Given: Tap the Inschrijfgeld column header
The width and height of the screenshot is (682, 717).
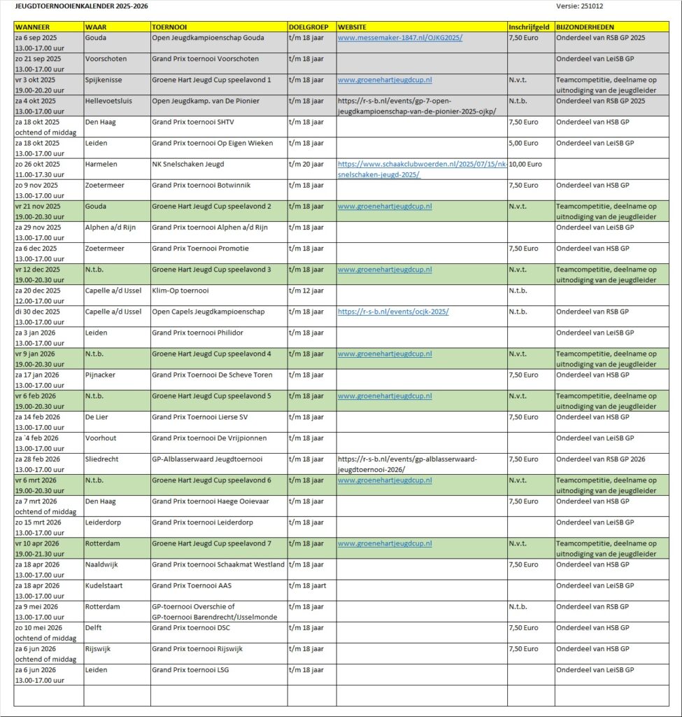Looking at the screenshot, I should (530, 27).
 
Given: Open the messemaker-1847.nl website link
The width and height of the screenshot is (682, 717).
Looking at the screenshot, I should (399, 38).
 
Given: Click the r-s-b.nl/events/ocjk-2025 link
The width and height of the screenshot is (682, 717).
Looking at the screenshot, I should (392, 312).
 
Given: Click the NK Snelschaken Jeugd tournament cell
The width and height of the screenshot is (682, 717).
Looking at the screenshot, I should (187, 164).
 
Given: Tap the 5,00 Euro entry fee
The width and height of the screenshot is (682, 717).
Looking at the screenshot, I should (524, 143).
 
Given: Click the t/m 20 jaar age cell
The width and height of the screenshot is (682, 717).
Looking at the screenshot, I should (306, 164).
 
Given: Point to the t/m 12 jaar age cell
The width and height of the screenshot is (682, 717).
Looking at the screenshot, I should (306, 291).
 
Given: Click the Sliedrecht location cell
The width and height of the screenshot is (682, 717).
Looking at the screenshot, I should (102, 459).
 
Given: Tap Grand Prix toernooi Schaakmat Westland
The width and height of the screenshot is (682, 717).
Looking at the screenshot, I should (218, 564).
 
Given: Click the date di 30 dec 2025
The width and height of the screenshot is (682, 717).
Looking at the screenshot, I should (37, 312).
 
